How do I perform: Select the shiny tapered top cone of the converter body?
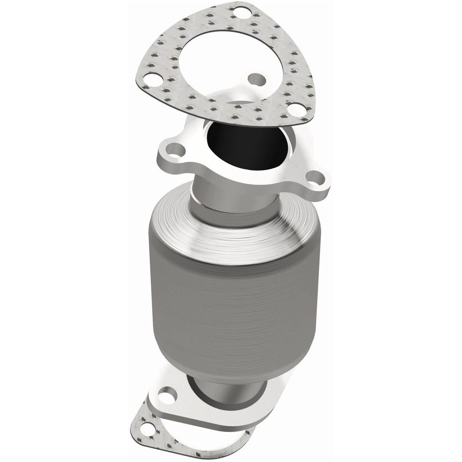tap(236, 232)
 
